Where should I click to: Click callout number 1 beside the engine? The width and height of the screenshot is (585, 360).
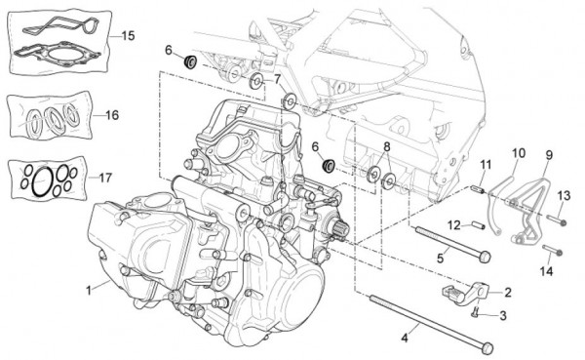pyautogui.click(x=90, y=288)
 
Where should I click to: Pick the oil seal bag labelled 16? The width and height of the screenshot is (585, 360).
pyautogui.click(x=49, y=117)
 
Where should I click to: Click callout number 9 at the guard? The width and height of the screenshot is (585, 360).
pyautogui.click(x=548, y=154)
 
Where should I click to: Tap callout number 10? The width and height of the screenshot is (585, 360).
pyautogui.click(x=518, y=153)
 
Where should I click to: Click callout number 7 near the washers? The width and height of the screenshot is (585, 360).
pyautogui.click(x=277, y=79)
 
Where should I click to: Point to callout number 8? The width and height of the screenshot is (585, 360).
pyautogui.click(x=386, y=147)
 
